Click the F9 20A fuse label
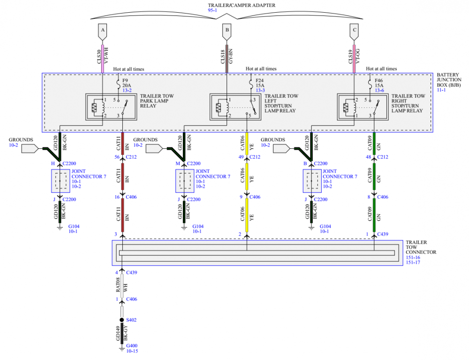127,83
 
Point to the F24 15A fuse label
260,83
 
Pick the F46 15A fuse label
379,83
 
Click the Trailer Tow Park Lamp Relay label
157,101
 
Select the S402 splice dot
122,320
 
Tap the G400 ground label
132,345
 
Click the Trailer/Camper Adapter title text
242,5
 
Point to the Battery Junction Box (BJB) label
449,80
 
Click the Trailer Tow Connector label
421,247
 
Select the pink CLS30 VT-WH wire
103,59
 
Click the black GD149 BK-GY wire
122,333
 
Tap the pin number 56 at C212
117,157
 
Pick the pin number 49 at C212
241,157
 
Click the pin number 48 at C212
369,157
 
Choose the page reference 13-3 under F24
260,91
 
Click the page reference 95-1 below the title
212,10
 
